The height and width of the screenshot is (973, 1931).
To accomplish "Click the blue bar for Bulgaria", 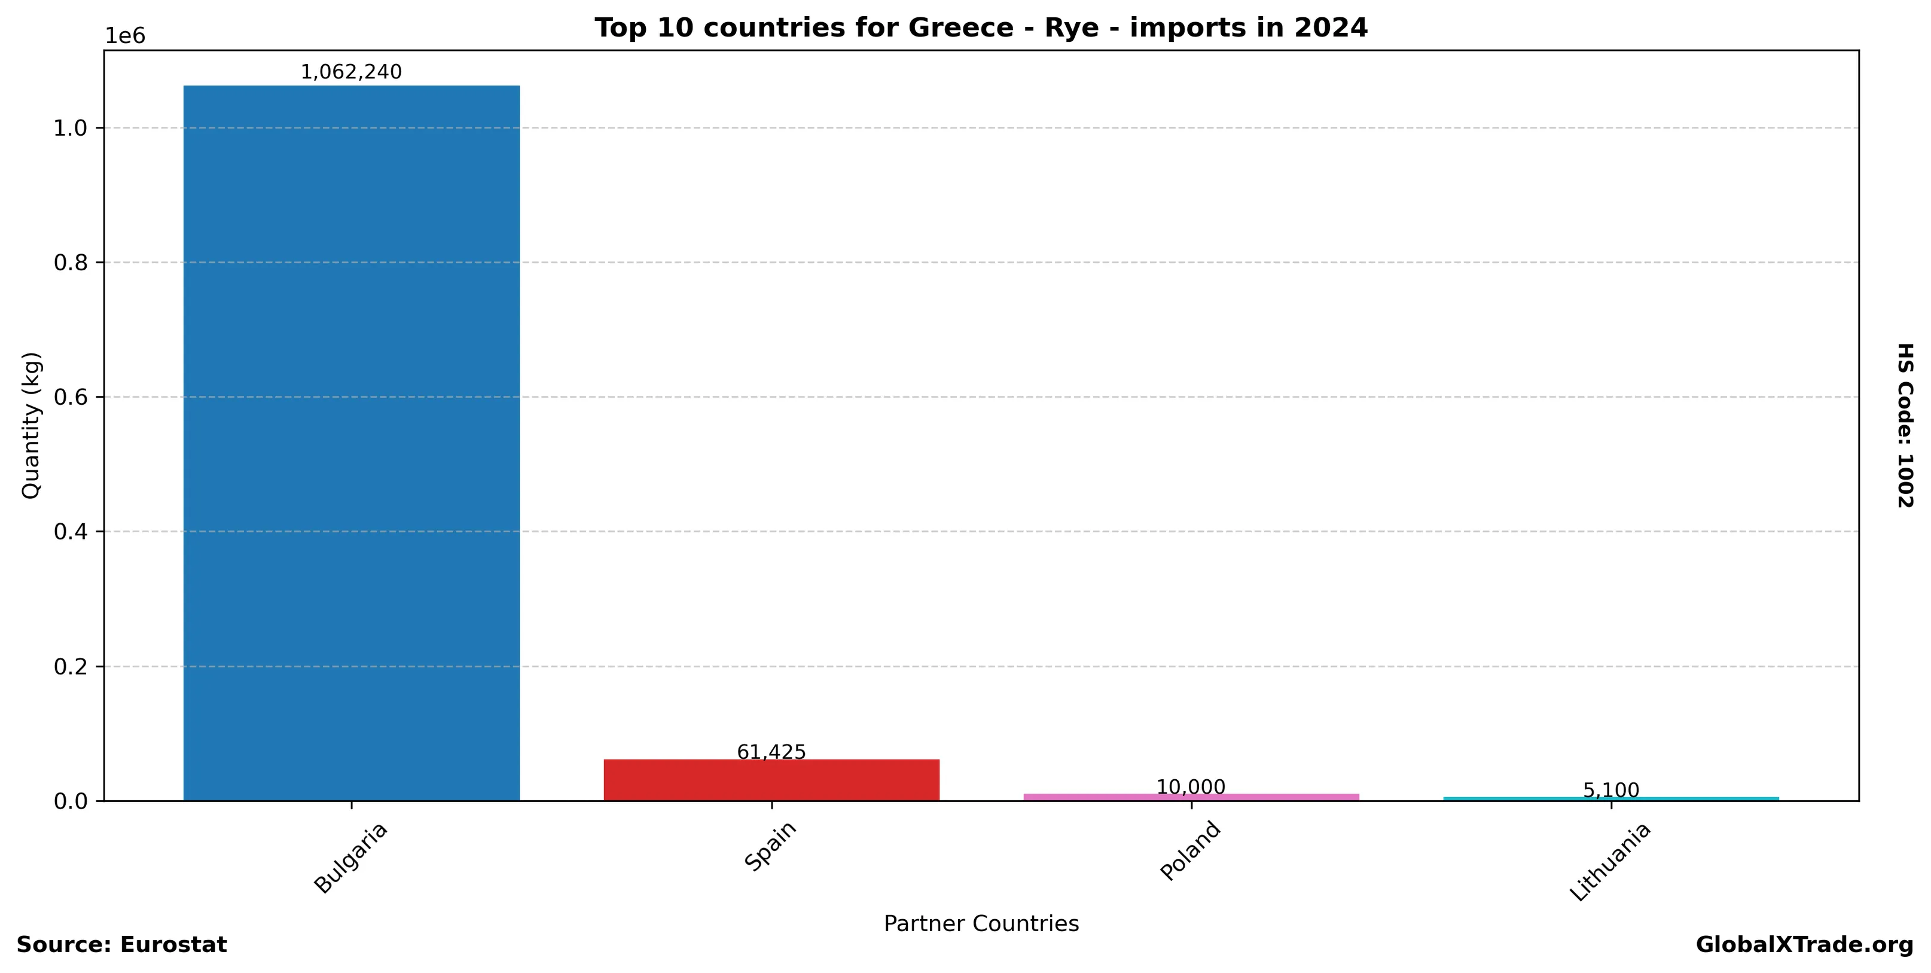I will pyautogui.click(x=351, y=443).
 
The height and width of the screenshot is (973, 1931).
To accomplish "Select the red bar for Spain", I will pyautogui.click(x=771, y=780).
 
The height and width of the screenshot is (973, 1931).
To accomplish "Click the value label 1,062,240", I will pyautogui.click(x=351, y=72).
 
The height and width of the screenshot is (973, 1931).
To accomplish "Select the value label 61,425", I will pyautogui.click(x=771, y=752).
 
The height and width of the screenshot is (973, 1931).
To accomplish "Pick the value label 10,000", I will pyautogui.click(x=1191, y=787).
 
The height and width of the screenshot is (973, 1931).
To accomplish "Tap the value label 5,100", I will pyautogui.click(x=1610, y=790).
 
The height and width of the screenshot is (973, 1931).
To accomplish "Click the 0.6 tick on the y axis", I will pyautogui.click(x=71, y=397).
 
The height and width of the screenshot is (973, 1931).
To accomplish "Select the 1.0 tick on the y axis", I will pyautogui.click(x=71, y=128).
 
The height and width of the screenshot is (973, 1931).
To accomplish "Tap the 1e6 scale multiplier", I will pyautogui.click(x=124, y=36).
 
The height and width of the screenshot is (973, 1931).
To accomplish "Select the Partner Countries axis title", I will pyautogui.click(x=981, y=923).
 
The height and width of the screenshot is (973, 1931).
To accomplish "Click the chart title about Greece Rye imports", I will pyautogui.click(x=981, y=28).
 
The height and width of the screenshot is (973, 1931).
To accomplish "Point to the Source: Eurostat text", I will pyautogui.click(x=121, y=944).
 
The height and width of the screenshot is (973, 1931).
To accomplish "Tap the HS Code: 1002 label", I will pyautogui.click(x=1904, y=425).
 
